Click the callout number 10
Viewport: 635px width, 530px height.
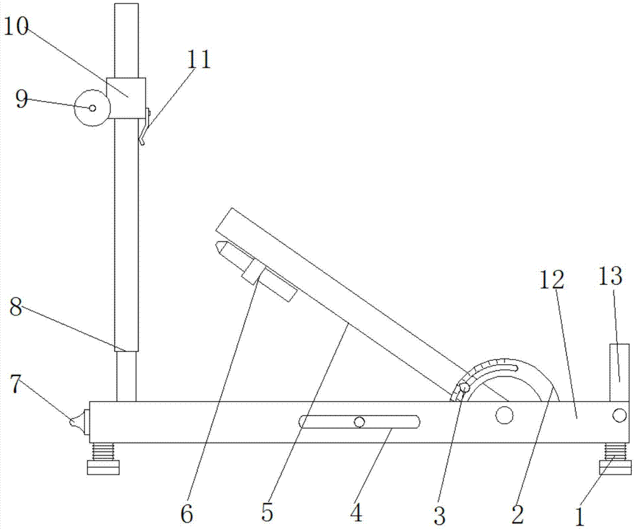pos(17,27)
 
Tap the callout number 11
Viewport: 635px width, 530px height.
pos(199,60)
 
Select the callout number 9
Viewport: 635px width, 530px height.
pos(22,99)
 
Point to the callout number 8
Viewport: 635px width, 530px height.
pos(16,308)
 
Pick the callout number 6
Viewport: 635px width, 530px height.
pos(187,514)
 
